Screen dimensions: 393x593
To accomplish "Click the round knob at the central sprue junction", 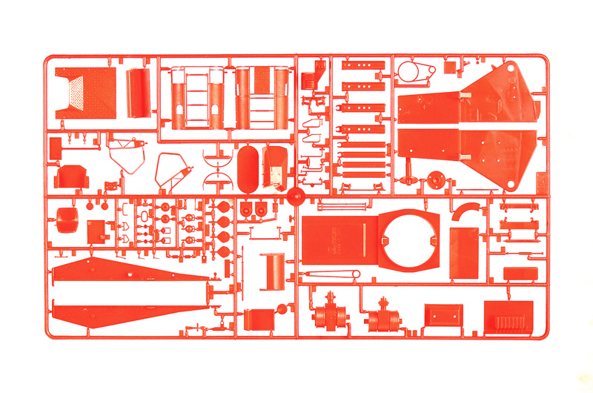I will click(296, 196).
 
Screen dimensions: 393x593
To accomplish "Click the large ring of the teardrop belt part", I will click(407, 72).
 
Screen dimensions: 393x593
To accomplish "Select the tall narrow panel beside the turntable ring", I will click(465, 252).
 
